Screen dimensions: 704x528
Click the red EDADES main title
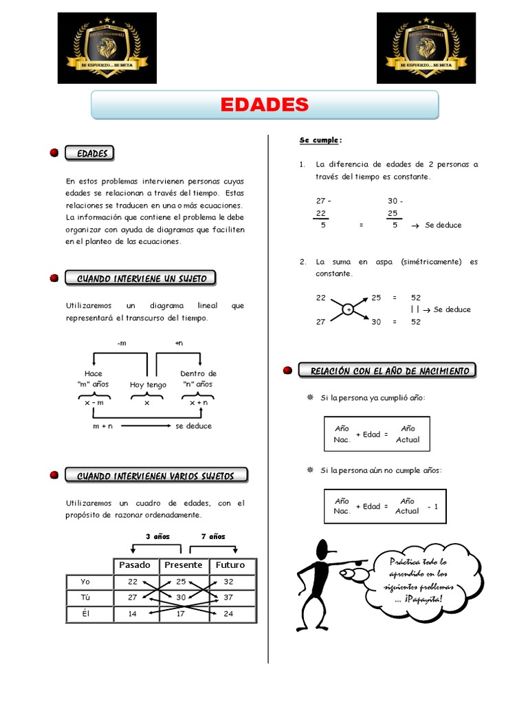point(265,105)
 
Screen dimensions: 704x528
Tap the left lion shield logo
point(107,47)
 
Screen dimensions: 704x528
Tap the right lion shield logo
point(426,47)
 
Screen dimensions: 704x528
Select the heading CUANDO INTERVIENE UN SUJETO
point(140,278)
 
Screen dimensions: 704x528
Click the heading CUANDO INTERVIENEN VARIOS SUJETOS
point(155,476)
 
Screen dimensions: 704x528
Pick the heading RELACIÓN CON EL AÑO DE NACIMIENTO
point(390,371)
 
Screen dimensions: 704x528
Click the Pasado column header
point(135,564)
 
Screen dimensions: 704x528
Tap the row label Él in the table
point(86,613)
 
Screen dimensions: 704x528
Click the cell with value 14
point(133,613)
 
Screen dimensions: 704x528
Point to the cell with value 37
point(229,597)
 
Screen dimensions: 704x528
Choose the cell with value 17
point(181,613)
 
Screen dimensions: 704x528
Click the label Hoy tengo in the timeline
point(148,385)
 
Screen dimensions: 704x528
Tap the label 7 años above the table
point(212,536)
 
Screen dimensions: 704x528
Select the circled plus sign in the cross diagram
point(349,310)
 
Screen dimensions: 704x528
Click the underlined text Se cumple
point(320,140)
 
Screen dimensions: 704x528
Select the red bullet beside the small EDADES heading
point(54,153)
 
